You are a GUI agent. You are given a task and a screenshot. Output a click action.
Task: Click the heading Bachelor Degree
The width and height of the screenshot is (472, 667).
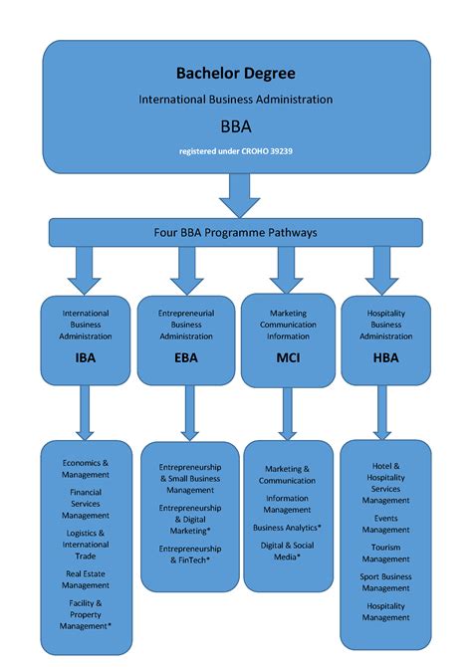(x=235, y=73)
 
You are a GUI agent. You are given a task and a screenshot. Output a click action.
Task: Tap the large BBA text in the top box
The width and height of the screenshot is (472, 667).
(x=235, y=126)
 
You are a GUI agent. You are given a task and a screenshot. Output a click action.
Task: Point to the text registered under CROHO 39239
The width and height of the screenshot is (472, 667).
(x=235, y=151)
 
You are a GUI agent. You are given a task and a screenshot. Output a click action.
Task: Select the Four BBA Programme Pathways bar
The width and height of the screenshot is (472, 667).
(x=235, y=233)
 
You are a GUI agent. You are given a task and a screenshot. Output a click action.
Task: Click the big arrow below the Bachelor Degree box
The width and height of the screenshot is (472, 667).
(x=239, y=194)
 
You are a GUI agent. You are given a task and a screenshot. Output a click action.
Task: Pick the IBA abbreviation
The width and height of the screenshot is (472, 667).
(x=86, y=357)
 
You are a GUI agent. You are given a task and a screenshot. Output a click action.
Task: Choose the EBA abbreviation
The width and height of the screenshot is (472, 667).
(x=186, y=357)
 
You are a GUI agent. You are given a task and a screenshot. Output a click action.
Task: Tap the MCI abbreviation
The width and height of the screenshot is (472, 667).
(x=288, y=357)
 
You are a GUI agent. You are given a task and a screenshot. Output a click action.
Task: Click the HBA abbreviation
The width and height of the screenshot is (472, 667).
(x=385, y=357)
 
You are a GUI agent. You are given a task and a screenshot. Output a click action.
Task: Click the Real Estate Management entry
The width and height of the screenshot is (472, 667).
(x=86, y=579)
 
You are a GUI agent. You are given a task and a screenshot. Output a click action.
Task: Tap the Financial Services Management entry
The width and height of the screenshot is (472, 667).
(x=86, y=504)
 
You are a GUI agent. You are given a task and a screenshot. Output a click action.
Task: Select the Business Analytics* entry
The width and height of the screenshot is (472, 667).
(x=288, y=527)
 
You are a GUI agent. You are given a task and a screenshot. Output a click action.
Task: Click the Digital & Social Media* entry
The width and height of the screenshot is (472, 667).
(x=288, y=551)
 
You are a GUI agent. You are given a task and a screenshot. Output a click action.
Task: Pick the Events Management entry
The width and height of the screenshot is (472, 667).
(x=385, y=524)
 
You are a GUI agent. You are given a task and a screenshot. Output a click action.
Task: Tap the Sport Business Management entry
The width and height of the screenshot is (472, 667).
(x=385, y=581)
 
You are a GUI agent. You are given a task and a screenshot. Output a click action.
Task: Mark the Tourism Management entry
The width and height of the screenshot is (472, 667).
(x=385, y=553)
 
